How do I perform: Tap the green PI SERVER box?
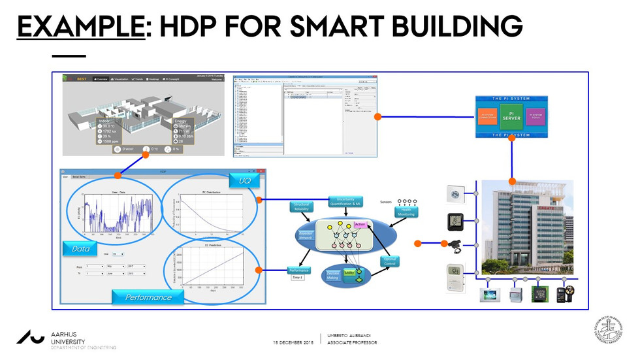point(511,116)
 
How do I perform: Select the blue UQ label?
point(244,178)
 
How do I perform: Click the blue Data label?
point(81,248)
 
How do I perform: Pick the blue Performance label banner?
point(149,297)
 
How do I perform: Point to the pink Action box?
point(360,225)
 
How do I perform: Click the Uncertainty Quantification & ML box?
point(345,202)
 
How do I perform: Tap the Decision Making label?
point(333,276)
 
